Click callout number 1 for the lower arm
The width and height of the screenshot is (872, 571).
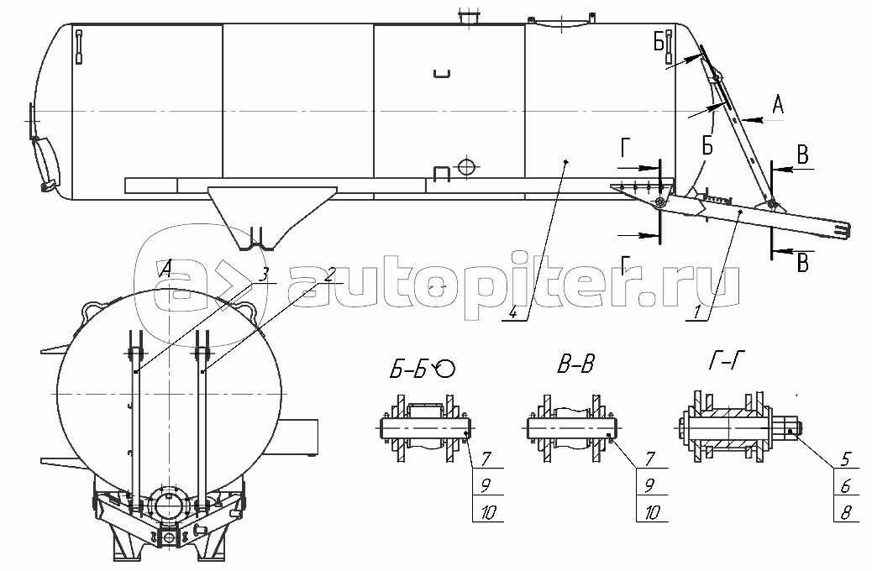tap(697, 312)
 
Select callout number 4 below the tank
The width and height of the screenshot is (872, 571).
tap(513, 312)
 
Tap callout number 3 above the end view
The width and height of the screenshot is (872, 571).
tap(265, 274)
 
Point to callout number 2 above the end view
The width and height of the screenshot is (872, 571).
tap(330, 274)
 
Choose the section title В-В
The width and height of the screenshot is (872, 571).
tap(575, 365)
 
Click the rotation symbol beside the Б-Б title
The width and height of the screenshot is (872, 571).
tap(445, 368)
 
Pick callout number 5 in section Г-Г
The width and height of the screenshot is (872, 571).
tap(846, 459)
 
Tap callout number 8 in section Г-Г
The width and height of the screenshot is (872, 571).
tap(846, 511)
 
